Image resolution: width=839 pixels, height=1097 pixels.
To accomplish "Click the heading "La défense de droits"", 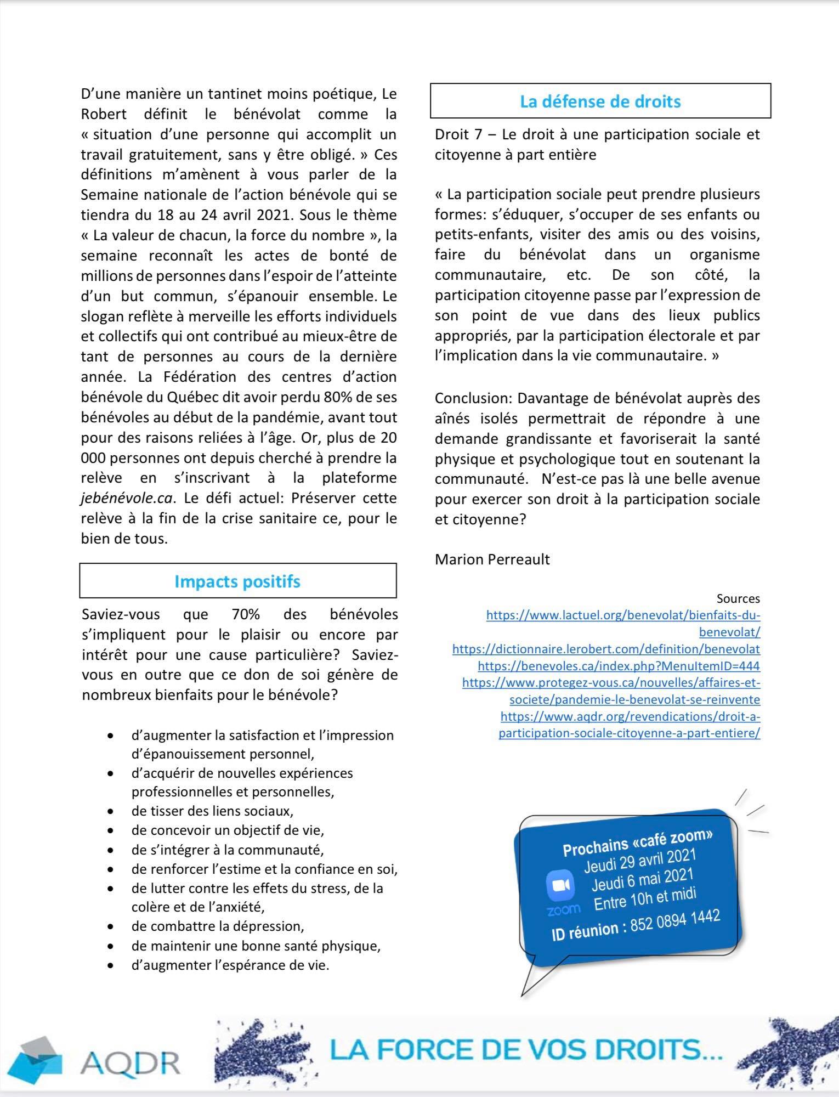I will pyautogui.click(x=600, y=101).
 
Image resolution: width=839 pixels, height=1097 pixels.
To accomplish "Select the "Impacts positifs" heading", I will pyautogui.click(x=237, y=581).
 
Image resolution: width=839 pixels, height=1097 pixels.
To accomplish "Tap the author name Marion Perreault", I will pyautogui.click(x=492, y=559).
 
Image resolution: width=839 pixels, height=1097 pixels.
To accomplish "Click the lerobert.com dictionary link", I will pyautogui.click(x=606, y=649).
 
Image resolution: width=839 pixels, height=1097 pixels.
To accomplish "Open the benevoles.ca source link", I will pyautogui.click(x=619, y=666).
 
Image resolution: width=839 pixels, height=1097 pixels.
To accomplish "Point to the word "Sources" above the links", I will pyautogui.click(x=738, y=598).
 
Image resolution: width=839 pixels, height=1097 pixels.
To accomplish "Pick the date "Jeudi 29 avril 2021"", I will pyautogui.click(x=639, y=861).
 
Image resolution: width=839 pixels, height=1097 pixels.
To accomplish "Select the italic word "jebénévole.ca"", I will pyautogui.click(x=127, y=498).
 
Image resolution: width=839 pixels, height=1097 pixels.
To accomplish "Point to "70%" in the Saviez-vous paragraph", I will pyautogui.click(x=246, y=614).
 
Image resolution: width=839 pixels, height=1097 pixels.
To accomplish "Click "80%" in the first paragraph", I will pyautogui.click(x=339, y=397).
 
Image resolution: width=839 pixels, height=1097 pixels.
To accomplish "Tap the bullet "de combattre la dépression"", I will pyautogui.click(x=217, y=926).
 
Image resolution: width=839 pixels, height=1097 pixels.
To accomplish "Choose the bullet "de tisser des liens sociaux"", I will pyautogui.click(x=212, y=811).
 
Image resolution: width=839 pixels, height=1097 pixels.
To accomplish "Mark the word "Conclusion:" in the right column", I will pyautogui.click(x=472, y=398).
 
